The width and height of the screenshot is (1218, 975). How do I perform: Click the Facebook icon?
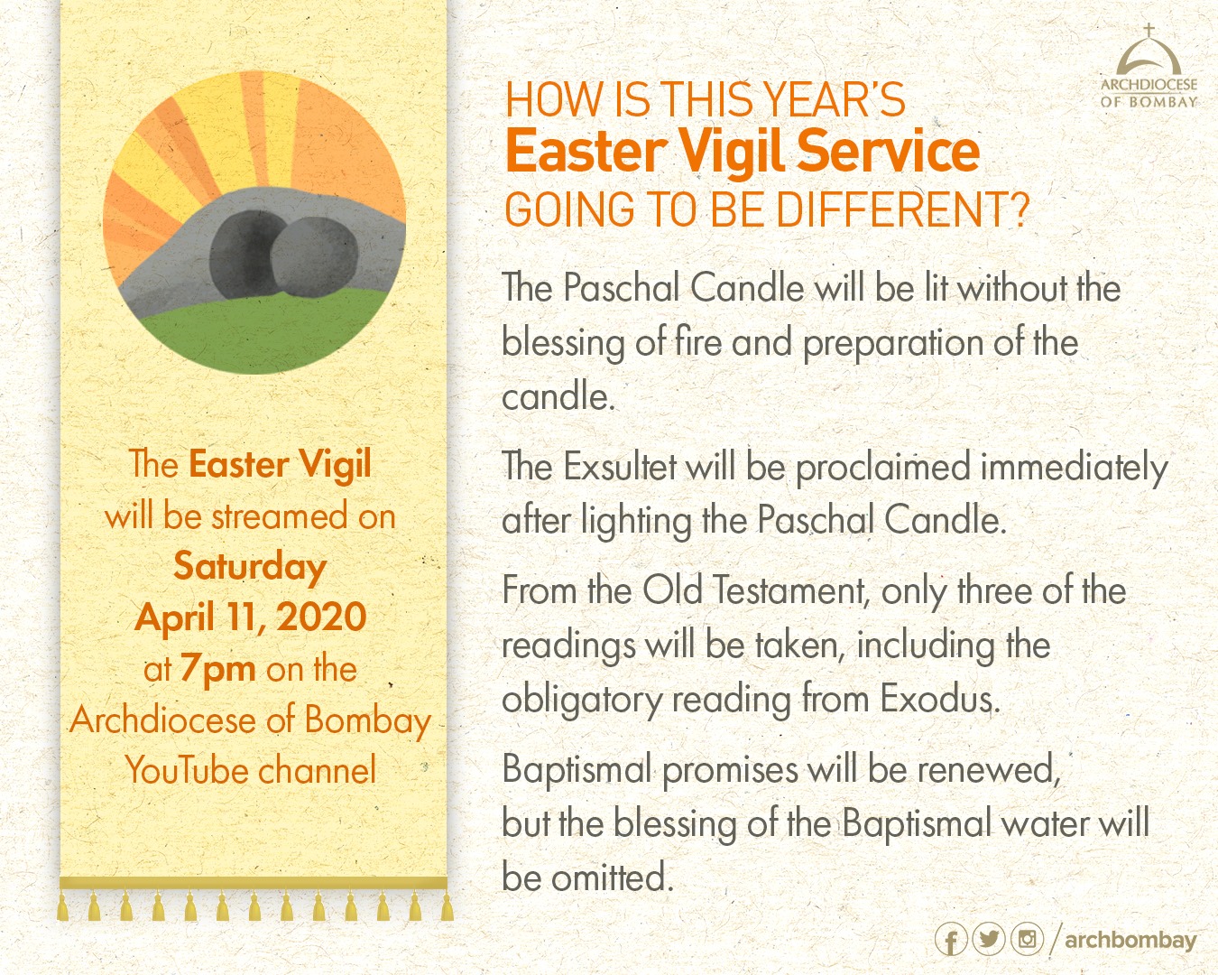tap(951, 940)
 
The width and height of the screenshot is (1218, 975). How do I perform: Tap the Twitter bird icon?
tap(989, 939)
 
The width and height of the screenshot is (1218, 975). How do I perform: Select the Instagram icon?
tap(1027, 939)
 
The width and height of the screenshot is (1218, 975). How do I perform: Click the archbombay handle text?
tap(1130, 941)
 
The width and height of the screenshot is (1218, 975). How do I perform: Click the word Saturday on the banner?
tap(250, 567)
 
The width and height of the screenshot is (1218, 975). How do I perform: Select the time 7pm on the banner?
tap(218, 670)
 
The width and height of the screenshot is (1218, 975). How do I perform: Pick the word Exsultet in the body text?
tap(619, 467)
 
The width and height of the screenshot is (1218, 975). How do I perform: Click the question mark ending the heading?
tap(1020, 209)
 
